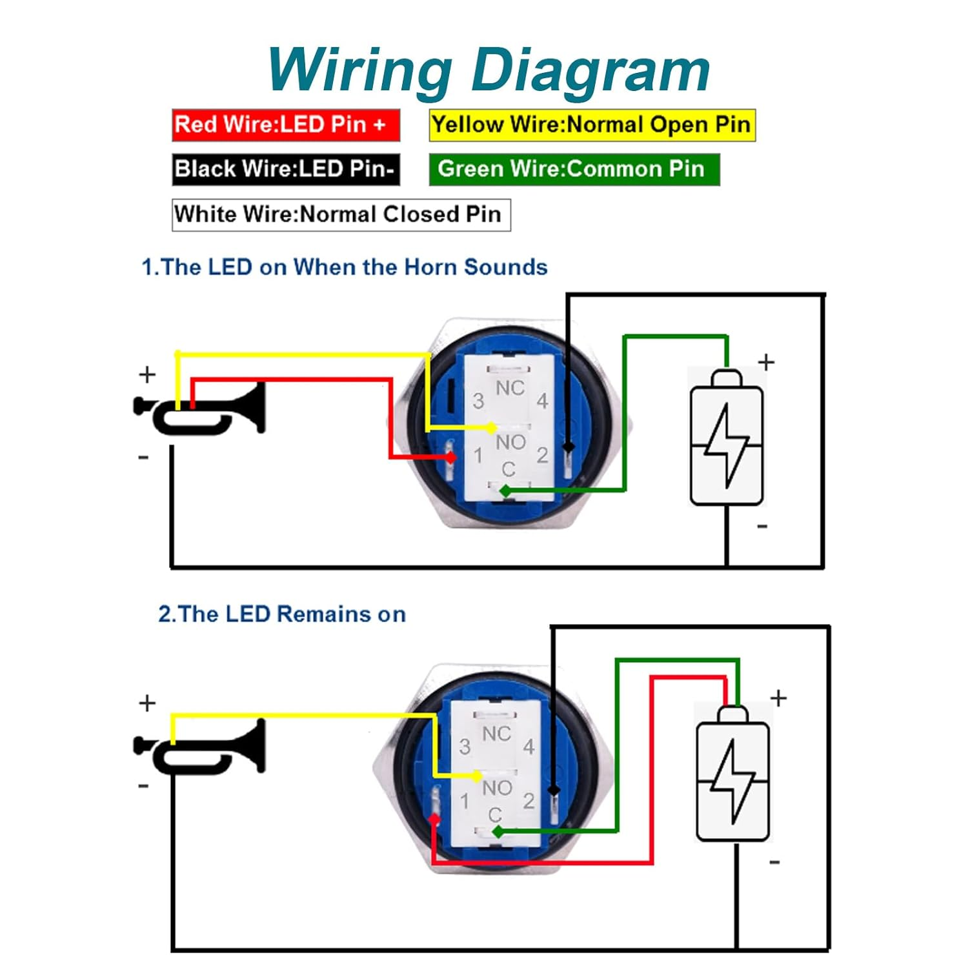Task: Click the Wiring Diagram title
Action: (x=489, y=70)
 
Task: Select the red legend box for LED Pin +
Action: (x=285, y=125)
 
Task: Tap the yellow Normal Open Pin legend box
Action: (x=591, y=125)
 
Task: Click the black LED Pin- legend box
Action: (x=285, y=169)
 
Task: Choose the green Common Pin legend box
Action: (x=574, y=169)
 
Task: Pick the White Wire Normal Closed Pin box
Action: (x=341, y=214)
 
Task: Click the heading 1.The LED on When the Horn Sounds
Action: (x=344, y=267)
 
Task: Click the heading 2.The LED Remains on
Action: (x=282, y=614)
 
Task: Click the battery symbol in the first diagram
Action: (x=727, y=439)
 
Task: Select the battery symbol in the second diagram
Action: (x=734, y=774)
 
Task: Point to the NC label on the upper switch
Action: (x=510, y=388)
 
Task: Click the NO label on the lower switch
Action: (x=497, y=788)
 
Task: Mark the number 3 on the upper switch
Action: (x=478, y=401)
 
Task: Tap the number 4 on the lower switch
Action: (x=529, y=747)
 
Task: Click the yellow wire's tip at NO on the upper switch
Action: (x=492, y=428)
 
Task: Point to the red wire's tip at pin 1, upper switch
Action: (x=451, y=457)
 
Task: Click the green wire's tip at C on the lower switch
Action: (x=498, y=832)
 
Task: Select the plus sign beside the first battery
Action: (x=766, y=362)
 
